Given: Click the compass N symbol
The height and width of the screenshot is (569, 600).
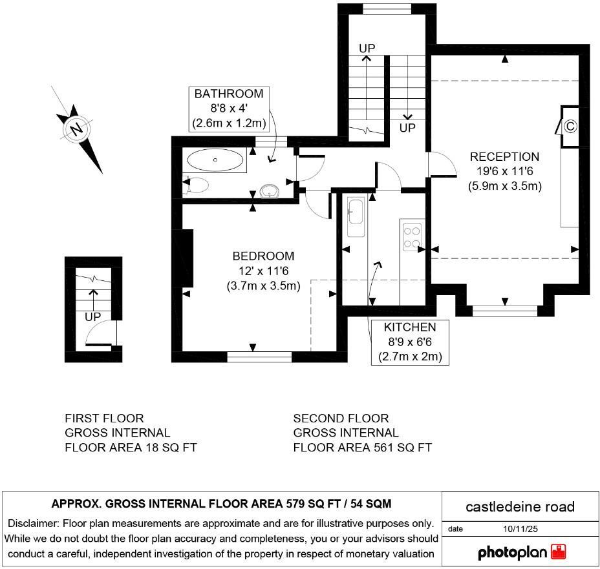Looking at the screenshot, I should click(x=76, y=130).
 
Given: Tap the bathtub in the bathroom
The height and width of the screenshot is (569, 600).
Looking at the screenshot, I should click(x=215, y=160).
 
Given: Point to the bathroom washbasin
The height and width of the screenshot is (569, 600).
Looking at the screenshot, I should click(x=270, y=191).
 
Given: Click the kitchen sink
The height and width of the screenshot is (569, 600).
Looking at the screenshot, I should click(x=356, y=212).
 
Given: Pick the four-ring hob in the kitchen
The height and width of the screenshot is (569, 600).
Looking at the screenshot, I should click(x=412, y=236).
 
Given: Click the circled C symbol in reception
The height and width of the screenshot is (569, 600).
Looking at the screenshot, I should click(x=570, y=126).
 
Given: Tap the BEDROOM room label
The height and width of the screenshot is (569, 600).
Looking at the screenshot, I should click(x=263, y=256).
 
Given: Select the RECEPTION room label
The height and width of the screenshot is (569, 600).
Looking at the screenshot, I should click(x=504, y=157).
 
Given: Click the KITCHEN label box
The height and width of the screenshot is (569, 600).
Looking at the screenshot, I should click(x=410, y=341).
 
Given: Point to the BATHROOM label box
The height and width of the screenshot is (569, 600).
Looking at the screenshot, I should click(x=229, y=109).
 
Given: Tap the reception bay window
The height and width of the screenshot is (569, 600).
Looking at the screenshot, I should click(x=505, y=311).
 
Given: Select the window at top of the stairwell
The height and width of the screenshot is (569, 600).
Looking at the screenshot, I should click(x=387, y=8).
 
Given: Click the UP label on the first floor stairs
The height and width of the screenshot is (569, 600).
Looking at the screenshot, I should click(x=92, y=317).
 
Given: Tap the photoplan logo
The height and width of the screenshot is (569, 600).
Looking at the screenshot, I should click(x=521, y=552).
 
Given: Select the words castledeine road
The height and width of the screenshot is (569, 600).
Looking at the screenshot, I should click(x=520, y=506).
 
